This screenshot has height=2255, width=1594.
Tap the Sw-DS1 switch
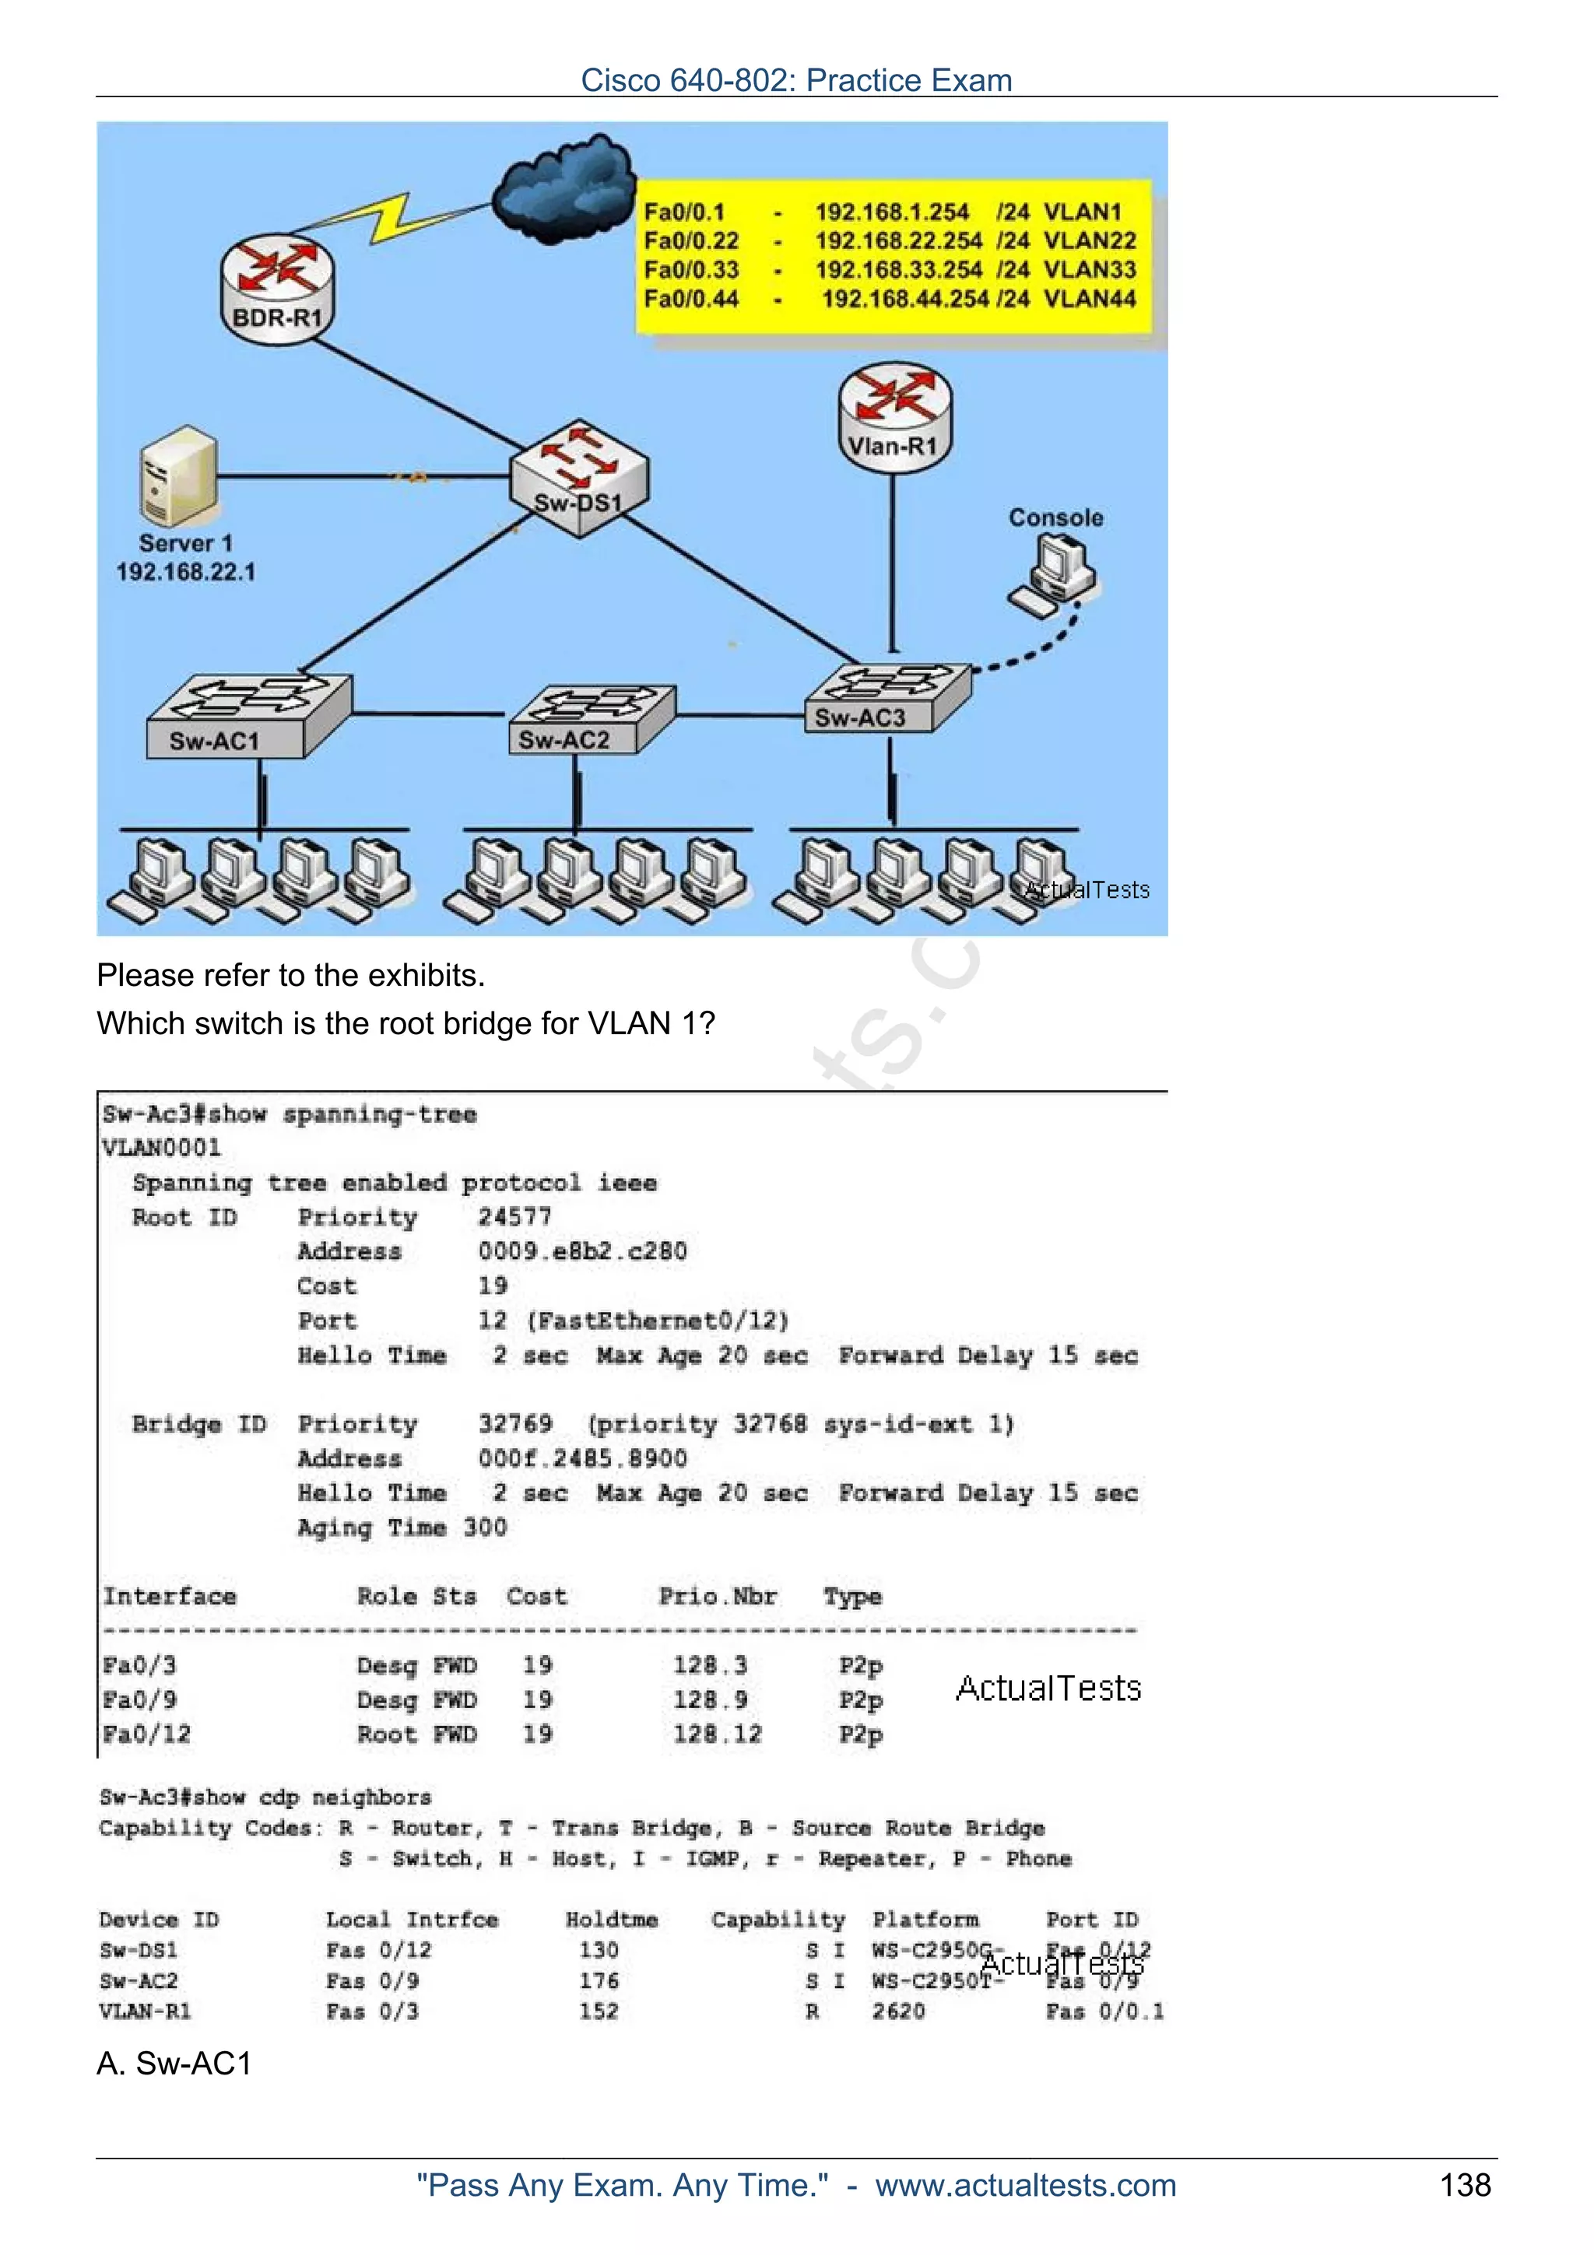pyautogui.click(x=579, y=479)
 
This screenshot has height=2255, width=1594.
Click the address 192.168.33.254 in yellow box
pyautogui.click(x=897, y=270)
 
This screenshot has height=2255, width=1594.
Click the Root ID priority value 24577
pyautogui.click(x=514, y=1217)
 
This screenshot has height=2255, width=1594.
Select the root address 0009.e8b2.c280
pyautogui.click(x=582, y=1251)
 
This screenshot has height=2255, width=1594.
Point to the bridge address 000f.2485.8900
pyautogui.click(x=582, y=1458)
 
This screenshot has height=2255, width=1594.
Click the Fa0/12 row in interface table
pyautogui.click(x=147, y=1734)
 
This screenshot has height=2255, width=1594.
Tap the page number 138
pyautogui.click(x=1464, y=2185)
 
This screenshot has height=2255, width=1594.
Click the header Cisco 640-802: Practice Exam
pyautogui.click(x=795, y=79)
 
